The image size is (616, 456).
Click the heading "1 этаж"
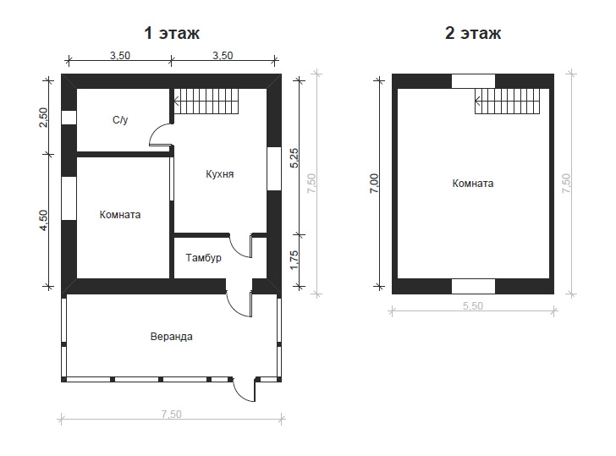[x=172, y=33]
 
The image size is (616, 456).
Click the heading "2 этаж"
[x=473, y=33]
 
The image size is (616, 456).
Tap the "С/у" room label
[x=120, y=120]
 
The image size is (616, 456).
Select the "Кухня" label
[x=220, y=174]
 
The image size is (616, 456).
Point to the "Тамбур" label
[x=203, y=258]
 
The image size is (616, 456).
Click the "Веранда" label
[x=172, y=337]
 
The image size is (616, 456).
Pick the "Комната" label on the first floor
[x=120, y=215]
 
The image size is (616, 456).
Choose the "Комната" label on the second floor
[x=473, y=184]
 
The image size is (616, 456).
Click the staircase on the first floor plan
[x=206, y=102]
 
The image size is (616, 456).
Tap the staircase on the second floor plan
[x=508, y=102]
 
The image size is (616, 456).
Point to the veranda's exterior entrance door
[x=245, y=390]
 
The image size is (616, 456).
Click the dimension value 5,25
[x=294, y=158]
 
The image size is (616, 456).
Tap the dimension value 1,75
[x=294, y=261]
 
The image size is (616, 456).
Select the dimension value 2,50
[x=43, y=118]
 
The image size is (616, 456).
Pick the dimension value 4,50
[x=43, y=221]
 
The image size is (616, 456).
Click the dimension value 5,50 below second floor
[x=473, y=306]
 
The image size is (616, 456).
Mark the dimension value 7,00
[x=374, y=184]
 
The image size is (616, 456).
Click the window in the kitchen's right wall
[x=274, y=169]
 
